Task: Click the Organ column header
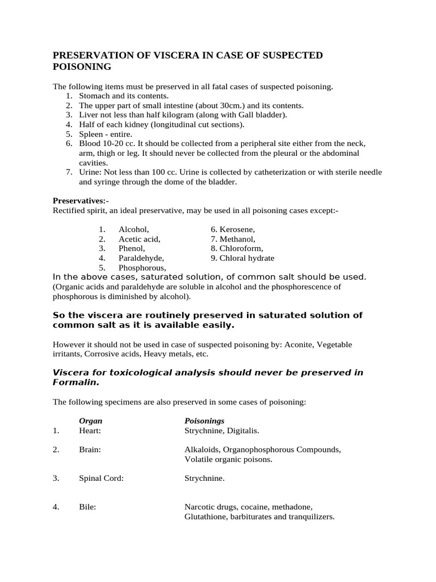coord(91,421)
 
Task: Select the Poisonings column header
coord(204,421)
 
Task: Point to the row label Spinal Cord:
coord(101,479)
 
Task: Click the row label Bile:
coord(87,507)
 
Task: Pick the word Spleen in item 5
coord(92,134)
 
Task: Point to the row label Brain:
coord(90,450)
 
